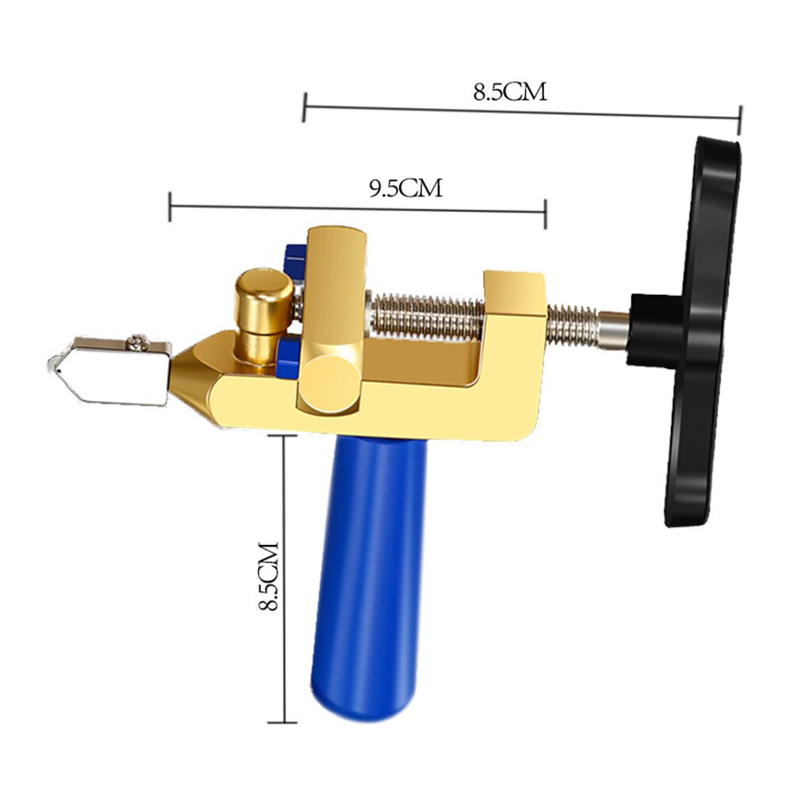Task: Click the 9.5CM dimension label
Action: [x=405, y=188]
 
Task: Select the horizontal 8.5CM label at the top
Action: [x=510, y=91]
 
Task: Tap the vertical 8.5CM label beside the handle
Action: [x=270, y=577]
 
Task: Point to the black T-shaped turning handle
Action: [x=702, y=333]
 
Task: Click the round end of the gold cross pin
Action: [x=328, y=382]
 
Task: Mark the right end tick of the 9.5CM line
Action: [x=545, y=213]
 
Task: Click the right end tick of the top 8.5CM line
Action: [x=739, y=121]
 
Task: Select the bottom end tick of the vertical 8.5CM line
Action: [x=284, y=723]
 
